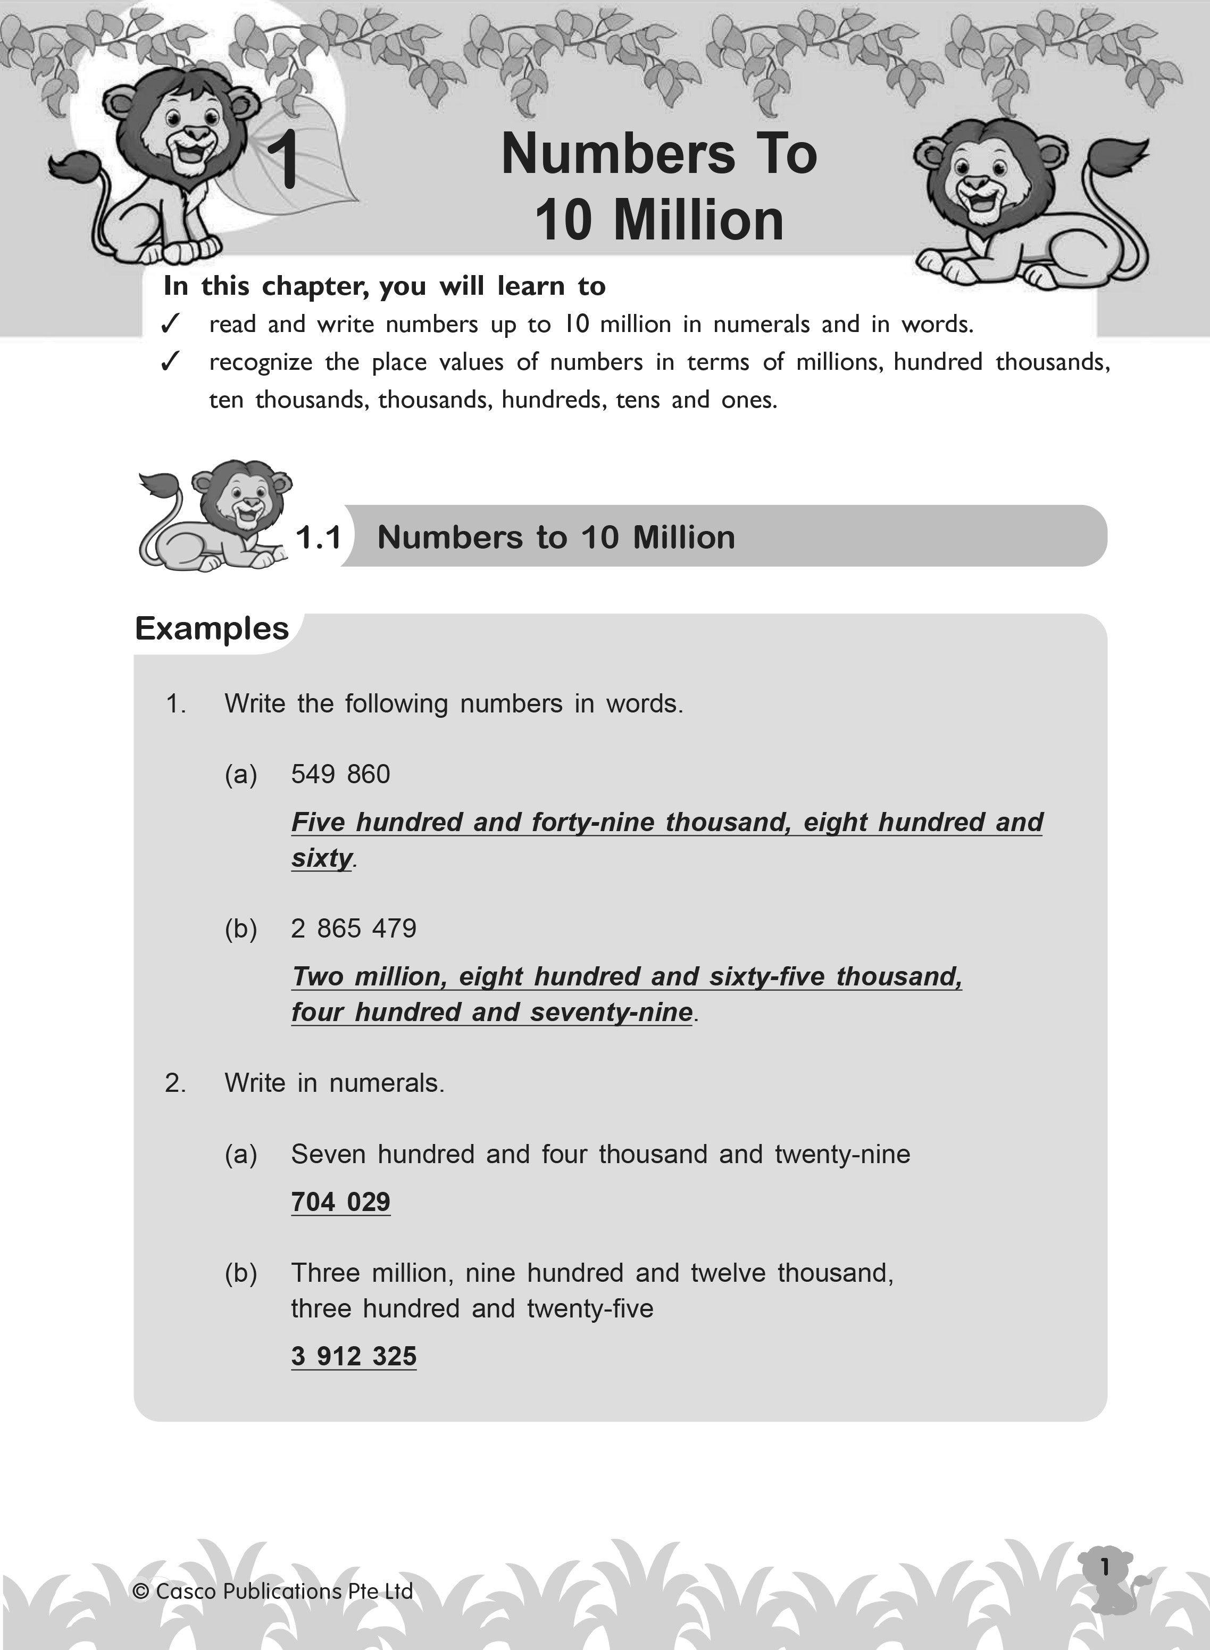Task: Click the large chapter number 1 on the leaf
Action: tap(283, 160)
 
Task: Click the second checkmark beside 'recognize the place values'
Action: tap(170, 361)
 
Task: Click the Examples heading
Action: tap(212, 628)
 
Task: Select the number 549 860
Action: tap(340, 774)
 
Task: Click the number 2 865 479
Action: tap(354, 928)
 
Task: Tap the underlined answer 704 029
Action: tap(340, 1201)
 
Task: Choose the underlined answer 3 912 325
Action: tap(354, 1356)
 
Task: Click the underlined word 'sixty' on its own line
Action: tap(322, 858)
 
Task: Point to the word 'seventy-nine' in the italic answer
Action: tap(612, 1013)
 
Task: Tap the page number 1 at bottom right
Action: tap(1105, 1566)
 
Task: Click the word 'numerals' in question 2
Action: tap(386, 1083)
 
